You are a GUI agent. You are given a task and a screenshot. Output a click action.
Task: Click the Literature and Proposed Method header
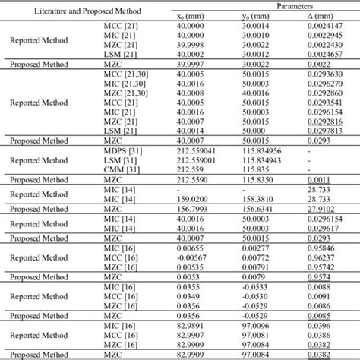[x=89, y=9]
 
